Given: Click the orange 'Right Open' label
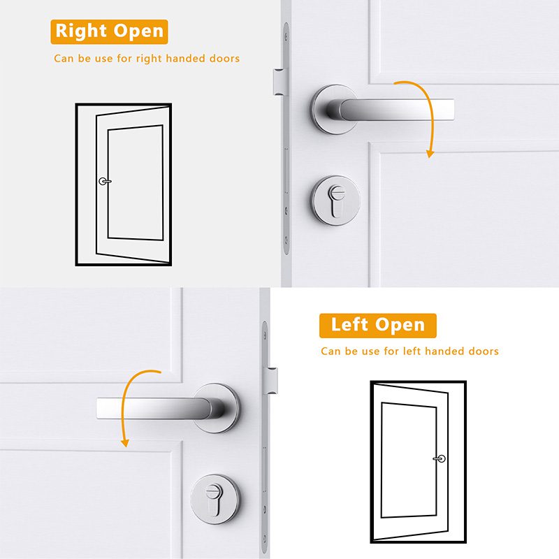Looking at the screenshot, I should [x=109, y=31].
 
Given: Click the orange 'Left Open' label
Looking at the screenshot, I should [x=377, y=325].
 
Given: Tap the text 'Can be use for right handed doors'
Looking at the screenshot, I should [x=147, y=59].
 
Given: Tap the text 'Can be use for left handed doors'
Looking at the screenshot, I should [x=409, y=351].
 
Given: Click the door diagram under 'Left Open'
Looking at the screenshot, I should [x=418, y=462].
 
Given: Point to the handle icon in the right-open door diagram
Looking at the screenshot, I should [x=105, y=182].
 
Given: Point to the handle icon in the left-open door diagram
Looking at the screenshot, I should [x=439, y=459].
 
